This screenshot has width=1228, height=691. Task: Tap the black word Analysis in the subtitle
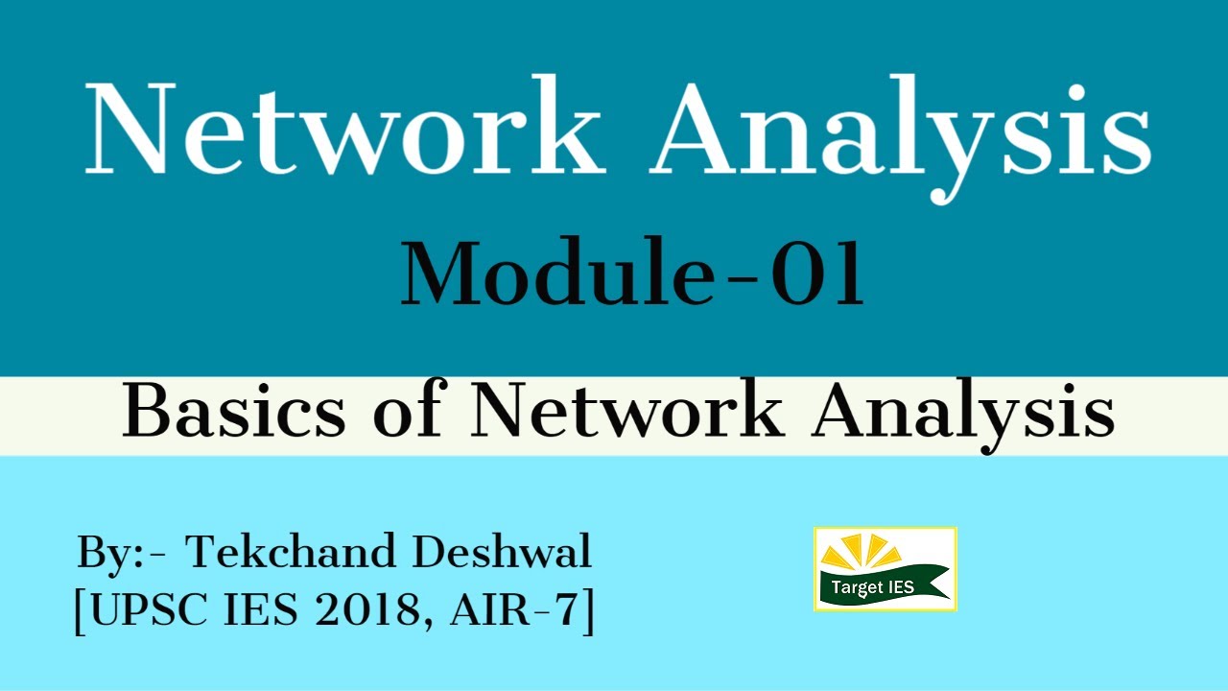(963, 414)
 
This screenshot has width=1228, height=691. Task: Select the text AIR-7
(512, 611)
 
